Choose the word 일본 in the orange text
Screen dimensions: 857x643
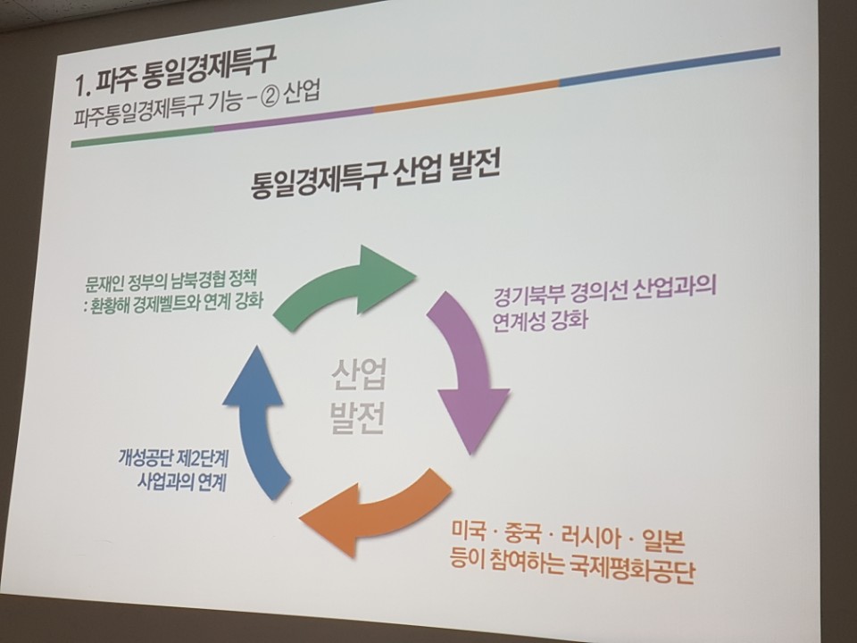(663, 541)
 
